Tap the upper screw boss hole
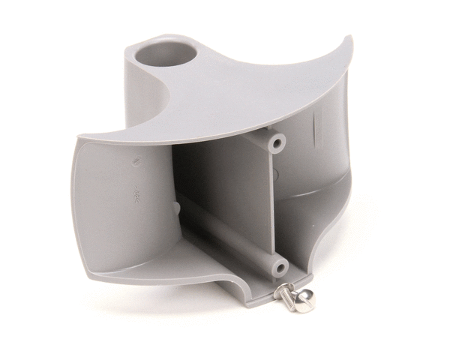[277, 141]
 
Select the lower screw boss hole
[278, 267]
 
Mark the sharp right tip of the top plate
[349, 39]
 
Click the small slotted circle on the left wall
[138, 160]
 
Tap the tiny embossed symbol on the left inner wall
[137, 193]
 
